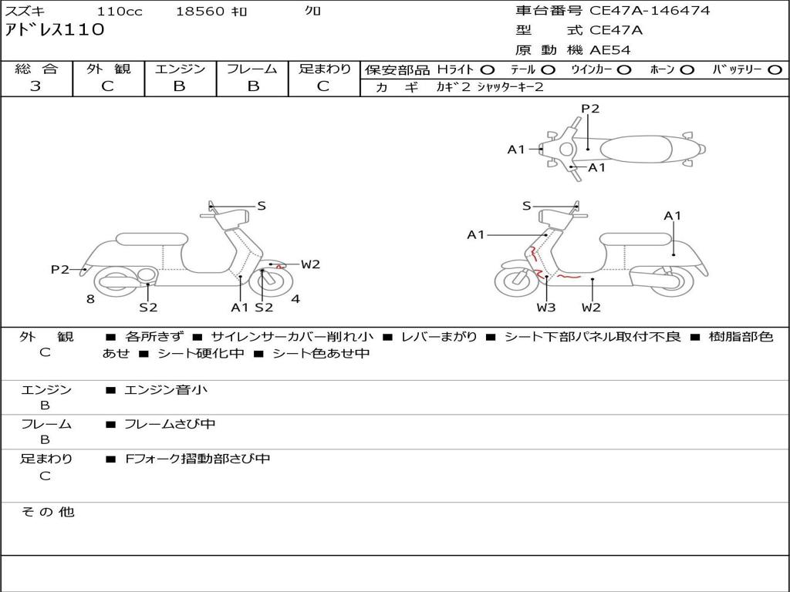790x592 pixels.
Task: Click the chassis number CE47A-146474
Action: (649, 11)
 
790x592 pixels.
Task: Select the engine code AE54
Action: (609, 51)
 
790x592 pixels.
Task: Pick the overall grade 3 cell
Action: (35, 86)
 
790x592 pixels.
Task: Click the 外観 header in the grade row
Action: (108, 69)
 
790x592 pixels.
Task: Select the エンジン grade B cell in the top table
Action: (179, 86)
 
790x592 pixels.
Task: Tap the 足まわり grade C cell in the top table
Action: (323, 86)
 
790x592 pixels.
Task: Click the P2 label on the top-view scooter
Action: (589, 109)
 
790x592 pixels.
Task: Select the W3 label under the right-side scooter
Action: (546, 308)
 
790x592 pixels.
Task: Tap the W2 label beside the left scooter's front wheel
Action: (310, 264)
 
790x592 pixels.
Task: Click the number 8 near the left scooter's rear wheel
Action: (90, 299)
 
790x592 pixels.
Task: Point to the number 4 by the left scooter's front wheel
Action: (295, 299)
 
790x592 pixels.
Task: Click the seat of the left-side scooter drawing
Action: (152, 239)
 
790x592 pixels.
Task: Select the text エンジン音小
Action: (166, 390)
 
